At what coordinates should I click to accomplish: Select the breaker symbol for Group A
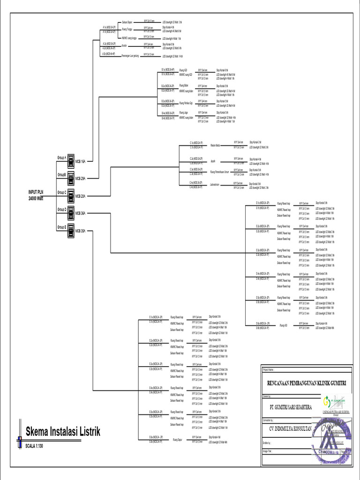click(69, 161)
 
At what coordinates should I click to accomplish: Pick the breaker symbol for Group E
click(69, 231)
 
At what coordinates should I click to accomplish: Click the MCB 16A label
click(80, 161)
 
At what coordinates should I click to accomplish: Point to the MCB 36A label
click(80, 213)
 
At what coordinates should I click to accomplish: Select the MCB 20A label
click(80, 196)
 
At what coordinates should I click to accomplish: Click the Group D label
click(62, 209)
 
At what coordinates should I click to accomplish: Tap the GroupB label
click(62, 174)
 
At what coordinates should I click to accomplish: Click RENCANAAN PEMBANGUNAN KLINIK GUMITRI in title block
click(307, 383)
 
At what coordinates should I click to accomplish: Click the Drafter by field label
click(268, 442)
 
